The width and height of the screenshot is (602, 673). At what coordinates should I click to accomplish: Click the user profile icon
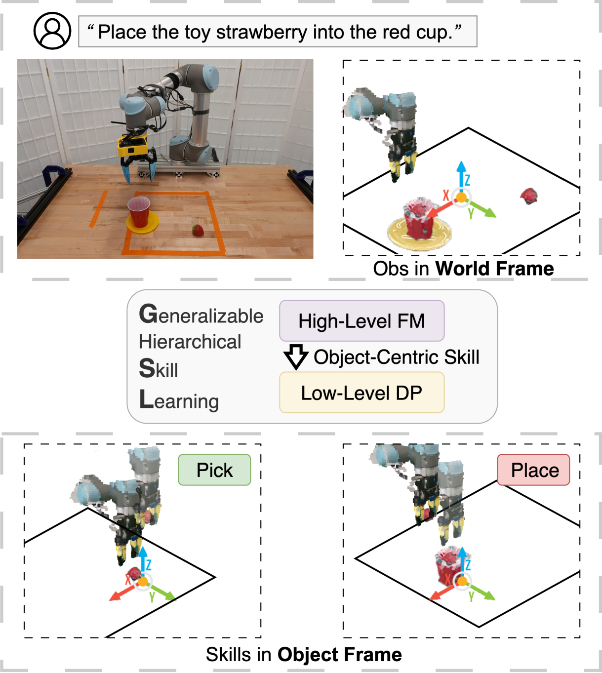(52, 31)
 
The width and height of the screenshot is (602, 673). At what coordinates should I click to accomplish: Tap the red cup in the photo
(139, 211)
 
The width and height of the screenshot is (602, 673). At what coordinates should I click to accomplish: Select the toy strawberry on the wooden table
(198, 230)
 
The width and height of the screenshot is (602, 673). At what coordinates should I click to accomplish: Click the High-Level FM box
(361, 321)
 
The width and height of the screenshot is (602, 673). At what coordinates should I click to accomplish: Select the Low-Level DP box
(361, 393)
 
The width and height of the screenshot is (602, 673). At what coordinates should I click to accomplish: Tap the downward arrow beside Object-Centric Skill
(296, 357)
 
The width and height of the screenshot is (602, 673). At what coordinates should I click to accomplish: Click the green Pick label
(214, 470)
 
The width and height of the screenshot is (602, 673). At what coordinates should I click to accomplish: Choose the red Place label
(533, 470)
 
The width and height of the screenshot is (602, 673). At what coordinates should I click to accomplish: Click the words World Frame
(494, 269)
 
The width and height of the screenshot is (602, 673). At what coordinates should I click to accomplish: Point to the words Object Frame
(340, 655)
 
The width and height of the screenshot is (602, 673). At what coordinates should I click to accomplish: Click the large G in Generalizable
(148, 314)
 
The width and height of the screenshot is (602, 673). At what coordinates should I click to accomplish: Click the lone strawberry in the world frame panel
(529, 196)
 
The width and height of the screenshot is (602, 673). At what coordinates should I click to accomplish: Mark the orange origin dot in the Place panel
(462, 581)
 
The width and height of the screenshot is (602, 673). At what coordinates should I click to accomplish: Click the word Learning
(179, 400)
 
